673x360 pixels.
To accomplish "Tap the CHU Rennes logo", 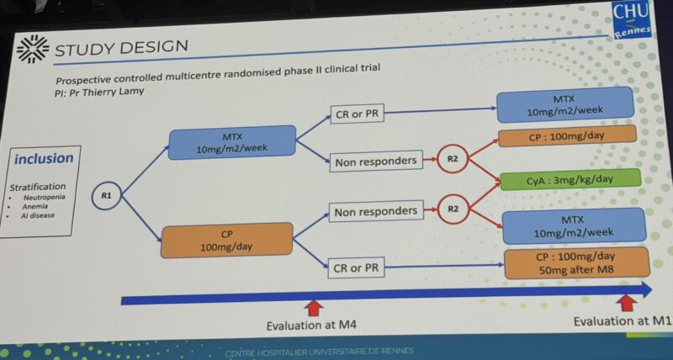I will (630, 21).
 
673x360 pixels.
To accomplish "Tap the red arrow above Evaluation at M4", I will (314, 305).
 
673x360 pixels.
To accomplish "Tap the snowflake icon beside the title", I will (33, 50).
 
